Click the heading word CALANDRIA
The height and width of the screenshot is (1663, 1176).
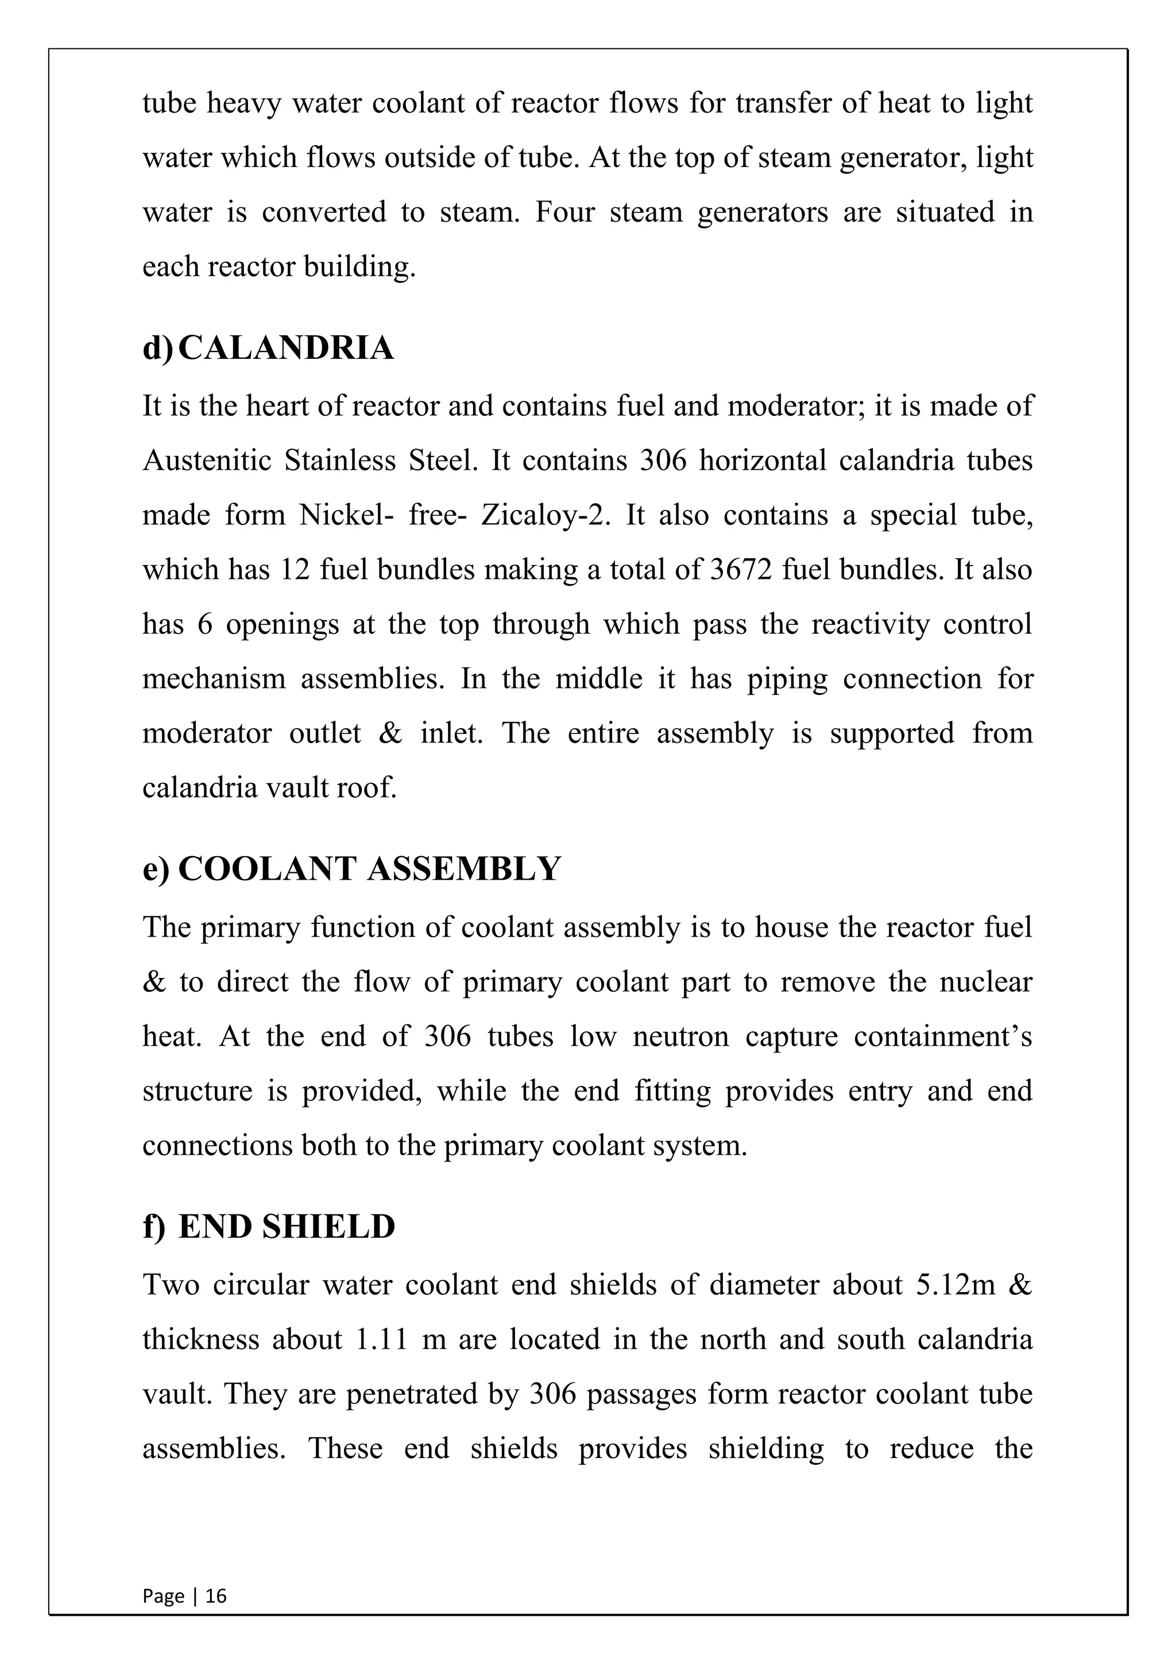click(x=286, y=349)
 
